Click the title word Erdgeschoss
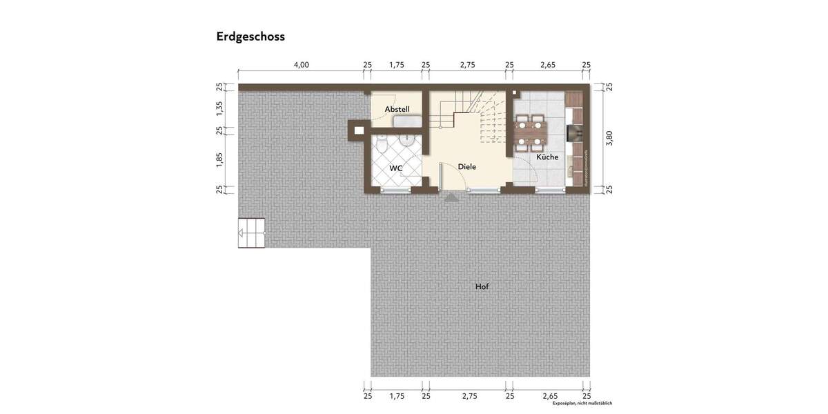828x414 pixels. point(250,37)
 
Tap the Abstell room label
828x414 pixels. point(397,109)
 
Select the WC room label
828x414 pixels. point(395,168)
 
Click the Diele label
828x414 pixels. point(467,166)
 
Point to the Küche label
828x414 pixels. point(547,157)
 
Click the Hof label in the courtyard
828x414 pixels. point(482,286)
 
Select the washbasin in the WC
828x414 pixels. point(409,141)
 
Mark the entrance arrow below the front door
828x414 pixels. point(451,198)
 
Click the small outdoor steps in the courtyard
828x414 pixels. point(252,233)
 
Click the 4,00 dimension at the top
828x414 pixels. point(302,65)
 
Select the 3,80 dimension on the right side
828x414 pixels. point(609,138)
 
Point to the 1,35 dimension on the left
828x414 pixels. point(219,108)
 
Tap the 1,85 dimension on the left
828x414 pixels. point(219,159)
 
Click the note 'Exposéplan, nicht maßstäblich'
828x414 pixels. point(582,404)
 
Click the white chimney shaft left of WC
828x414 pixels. point(358,128)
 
